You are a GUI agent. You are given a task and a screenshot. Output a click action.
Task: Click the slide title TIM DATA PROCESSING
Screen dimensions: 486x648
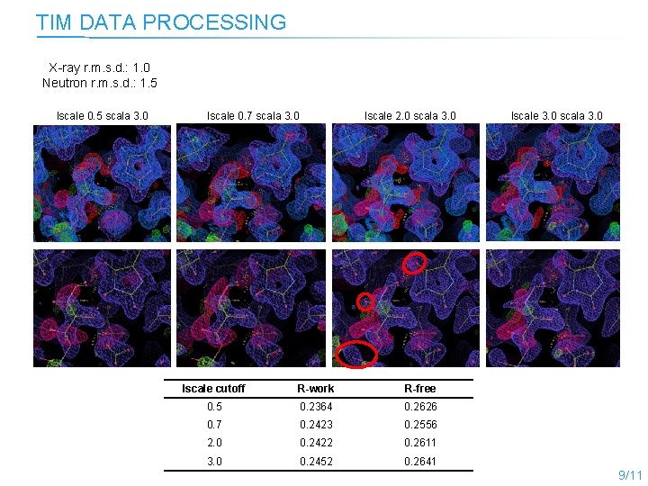coord(161,22)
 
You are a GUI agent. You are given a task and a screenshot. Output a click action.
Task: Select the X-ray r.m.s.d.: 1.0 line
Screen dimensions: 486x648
coord(99,67)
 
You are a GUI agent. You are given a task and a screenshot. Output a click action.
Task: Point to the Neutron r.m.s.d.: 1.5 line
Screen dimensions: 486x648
coord(99,83)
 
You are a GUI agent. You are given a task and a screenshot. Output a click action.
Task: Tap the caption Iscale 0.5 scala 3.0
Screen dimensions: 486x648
coord(103,115)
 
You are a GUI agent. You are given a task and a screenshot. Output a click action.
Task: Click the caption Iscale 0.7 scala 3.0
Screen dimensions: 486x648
coord(253,115)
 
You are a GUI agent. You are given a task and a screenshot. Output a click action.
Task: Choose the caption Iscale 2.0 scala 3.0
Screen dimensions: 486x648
coord(409,115)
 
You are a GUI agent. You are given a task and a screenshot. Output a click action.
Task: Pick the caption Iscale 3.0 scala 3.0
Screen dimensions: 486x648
coord(556,115)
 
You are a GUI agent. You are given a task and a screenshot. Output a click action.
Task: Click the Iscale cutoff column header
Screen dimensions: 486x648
coord(213,389)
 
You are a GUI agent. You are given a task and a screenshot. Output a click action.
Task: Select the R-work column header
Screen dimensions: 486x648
coord(316,389)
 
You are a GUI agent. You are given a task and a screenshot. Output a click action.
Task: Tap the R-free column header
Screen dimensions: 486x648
coord(420,389)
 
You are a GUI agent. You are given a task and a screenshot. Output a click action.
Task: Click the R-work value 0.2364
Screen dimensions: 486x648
coord(316,407)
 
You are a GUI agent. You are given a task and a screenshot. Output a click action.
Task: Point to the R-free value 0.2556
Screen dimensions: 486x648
coord(420,425)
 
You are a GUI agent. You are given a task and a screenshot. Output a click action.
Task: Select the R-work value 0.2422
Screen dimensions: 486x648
coord(316,443)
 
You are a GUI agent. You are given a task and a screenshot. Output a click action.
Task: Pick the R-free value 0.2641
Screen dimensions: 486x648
coord(420,462)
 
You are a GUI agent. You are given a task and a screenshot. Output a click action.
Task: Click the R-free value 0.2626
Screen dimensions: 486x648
coord(420,407)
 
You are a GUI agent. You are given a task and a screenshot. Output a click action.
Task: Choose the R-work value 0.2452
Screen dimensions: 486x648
coord(316,462)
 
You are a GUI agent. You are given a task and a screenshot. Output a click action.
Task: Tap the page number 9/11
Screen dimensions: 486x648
coord(630,474)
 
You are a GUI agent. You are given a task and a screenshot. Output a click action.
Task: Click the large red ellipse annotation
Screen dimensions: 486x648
coord(356,354)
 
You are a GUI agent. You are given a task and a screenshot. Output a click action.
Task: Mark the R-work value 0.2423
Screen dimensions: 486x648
coord(316,425)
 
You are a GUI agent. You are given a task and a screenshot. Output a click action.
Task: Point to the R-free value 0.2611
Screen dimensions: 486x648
coord(420,443)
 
